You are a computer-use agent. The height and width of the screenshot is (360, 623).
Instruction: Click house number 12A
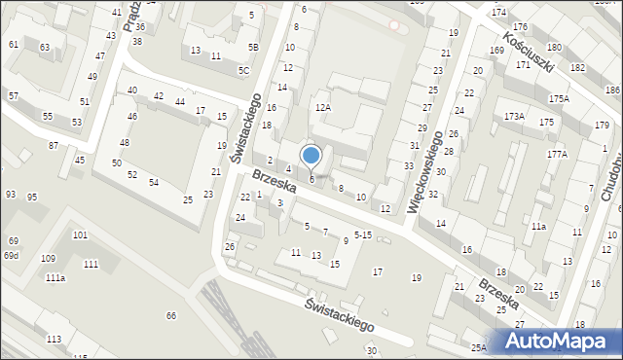pos(323,107)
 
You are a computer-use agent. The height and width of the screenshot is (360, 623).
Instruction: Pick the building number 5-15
pos(363,234)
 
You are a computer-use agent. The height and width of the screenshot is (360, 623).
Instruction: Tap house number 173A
pos(514,117)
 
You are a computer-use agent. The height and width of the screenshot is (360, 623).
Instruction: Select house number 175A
pos(559,99)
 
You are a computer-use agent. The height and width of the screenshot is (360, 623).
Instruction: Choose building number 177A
pos(557,154)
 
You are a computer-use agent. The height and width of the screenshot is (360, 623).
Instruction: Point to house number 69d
pos(11,255)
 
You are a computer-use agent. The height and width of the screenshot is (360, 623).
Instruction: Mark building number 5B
pos(253,47)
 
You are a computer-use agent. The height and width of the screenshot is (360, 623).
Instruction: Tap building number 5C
pos(243,70)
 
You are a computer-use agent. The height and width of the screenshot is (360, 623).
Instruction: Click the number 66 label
pos(171,315)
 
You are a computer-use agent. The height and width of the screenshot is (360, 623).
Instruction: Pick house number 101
pos(80,235)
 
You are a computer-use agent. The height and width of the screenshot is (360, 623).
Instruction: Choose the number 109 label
pos(48,258)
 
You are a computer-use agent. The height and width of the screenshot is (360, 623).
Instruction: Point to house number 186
pos(612,90)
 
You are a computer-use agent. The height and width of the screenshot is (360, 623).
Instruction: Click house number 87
pos(54,145)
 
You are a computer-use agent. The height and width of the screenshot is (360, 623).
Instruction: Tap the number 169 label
pos(496,50)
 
